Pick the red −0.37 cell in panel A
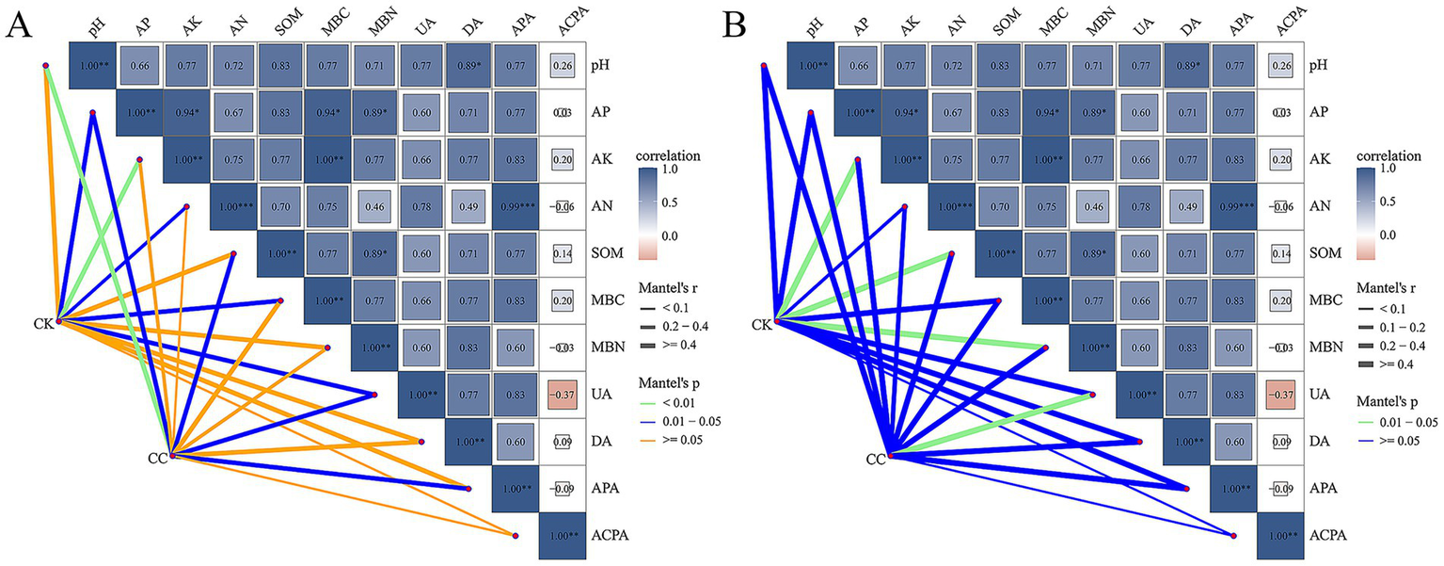point(562,395)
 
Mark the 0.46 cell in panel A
point(373,206)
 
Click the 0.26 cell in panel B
point(1279,65)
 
